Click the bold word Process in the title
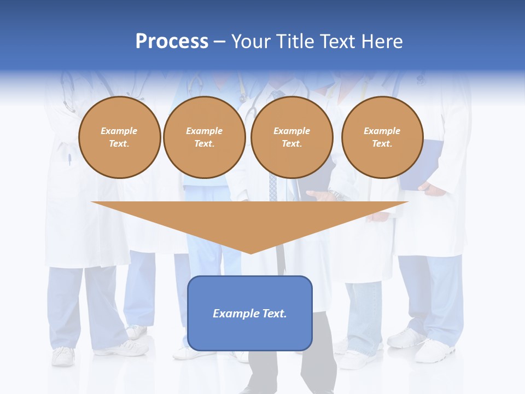(172, 42)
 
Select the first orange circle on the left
(119, 137)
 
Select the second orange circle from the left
(204, 137)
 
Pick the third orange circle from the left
(291, 137)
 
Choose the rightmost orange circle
(382, 137)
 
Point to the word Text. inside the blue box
(274, 314)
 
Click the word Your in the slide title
(250, 42)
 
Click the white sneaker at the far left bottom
(63, 356)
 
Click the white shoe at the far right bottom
(434, 351)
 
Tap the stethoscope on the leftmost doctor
(67, 93)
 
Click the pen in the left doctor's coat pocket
(70, 159)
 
